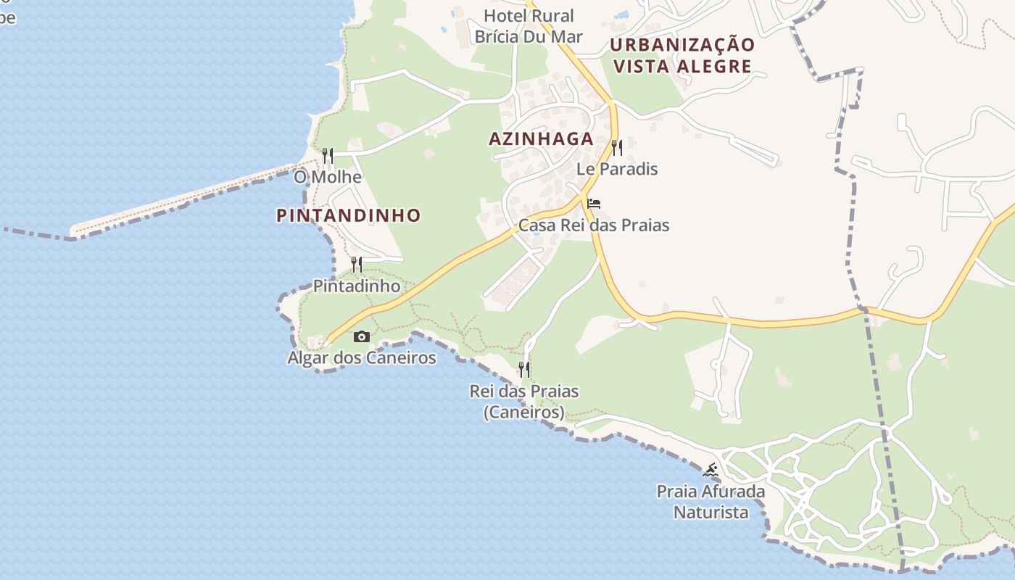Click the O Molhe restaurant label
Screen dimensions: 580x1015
click(327, 177)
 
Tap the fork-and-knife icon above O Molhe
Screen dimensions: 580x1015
click(328, 156)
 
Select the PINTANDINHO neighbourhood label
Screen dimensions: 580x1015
click(348, 215)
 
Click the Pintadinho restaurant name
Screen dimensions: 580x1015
click(356, 286)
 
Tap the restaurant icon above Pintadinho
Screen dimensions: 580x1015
click(356, 265)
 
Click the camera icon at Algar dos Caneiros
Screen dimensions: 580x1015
click(361, 336)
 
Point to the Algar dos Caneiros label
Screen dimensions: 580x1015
click(362, 357)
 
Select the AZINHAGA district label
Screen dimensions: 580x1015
click(541, 139)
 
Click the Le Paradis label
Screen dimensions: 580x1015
click(617, 169)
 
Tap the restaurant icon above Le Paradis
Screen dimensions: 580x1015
click(617, 148)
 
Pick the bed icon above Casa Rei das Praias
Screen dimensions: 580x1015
click(594, 204)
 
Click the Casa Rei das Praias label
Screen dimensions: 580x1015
click(594, 225)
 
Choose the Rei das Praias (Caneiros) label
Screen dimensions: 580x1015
click(524, 401)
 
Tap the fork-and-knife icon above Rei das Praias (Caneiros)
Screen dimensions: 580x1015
click(524, 370)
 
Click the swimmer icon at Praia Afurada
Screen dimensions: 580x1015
click(710, 471)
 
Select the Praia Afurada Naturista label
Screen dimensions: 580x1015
click(710, 502)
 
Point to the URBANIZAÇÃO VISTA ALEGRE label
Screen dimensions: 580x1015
click(682, 55)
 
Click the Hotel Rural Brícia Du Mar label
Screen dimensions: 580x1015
click(529, 25)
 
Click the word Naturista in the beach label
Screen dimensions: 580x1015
click(710, 512)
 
